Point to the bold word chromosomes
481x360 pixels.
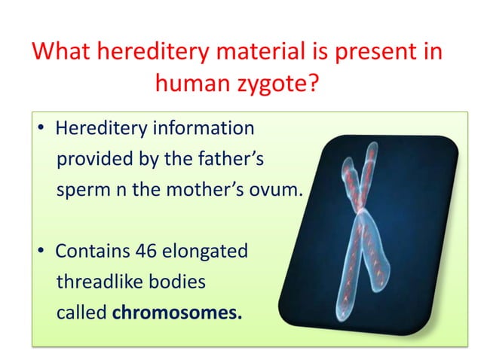point(177,312)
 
